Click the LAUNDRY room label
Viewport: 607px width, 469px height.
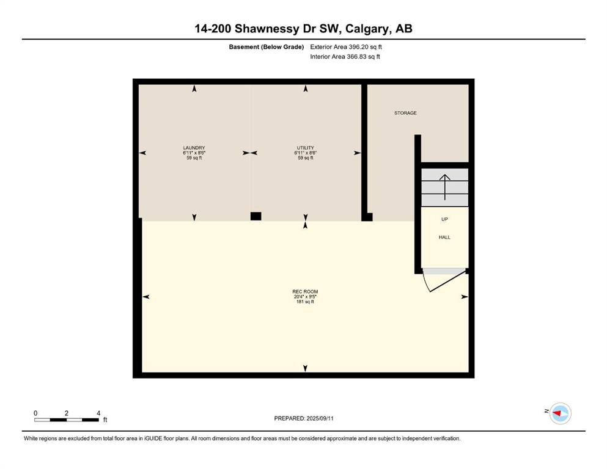pos(194,148)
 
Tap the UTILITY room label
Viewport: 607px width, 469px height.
pos(306,148)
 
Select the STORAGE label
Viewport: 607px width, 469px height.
pos(405,113)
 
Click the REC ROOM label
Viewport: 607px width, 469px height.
pos(305,291)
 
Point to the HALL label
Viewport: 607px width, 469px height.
pos(444,237)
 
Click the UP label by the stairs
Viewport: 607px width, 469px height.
pos(444,219)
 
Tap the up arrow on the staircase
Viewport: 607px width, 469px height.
pos(445,187)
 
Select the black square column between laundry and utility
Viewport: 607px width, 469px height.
pos(256,216)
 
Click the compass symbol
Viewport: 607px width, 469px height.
pos(560,413)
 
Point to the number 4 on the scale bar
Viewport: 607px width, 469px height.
pos(98,413)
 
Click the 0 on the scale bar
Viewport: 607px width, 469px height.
pos(35,413)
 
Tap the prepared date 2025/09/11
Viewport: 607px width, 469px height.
pos(320,418)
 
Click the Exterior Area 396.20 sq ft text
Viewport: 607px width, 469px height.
pos(346,47)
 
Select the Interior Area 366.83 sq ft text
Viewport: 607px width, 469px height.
pos(345,56)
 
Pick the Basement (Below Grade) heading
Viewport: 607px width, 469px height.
pos(267,47)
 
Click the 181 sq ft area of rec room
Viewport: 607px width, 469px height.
pos(305,302)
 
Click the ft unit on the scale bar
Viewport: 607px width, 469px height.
pos(105,420)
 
